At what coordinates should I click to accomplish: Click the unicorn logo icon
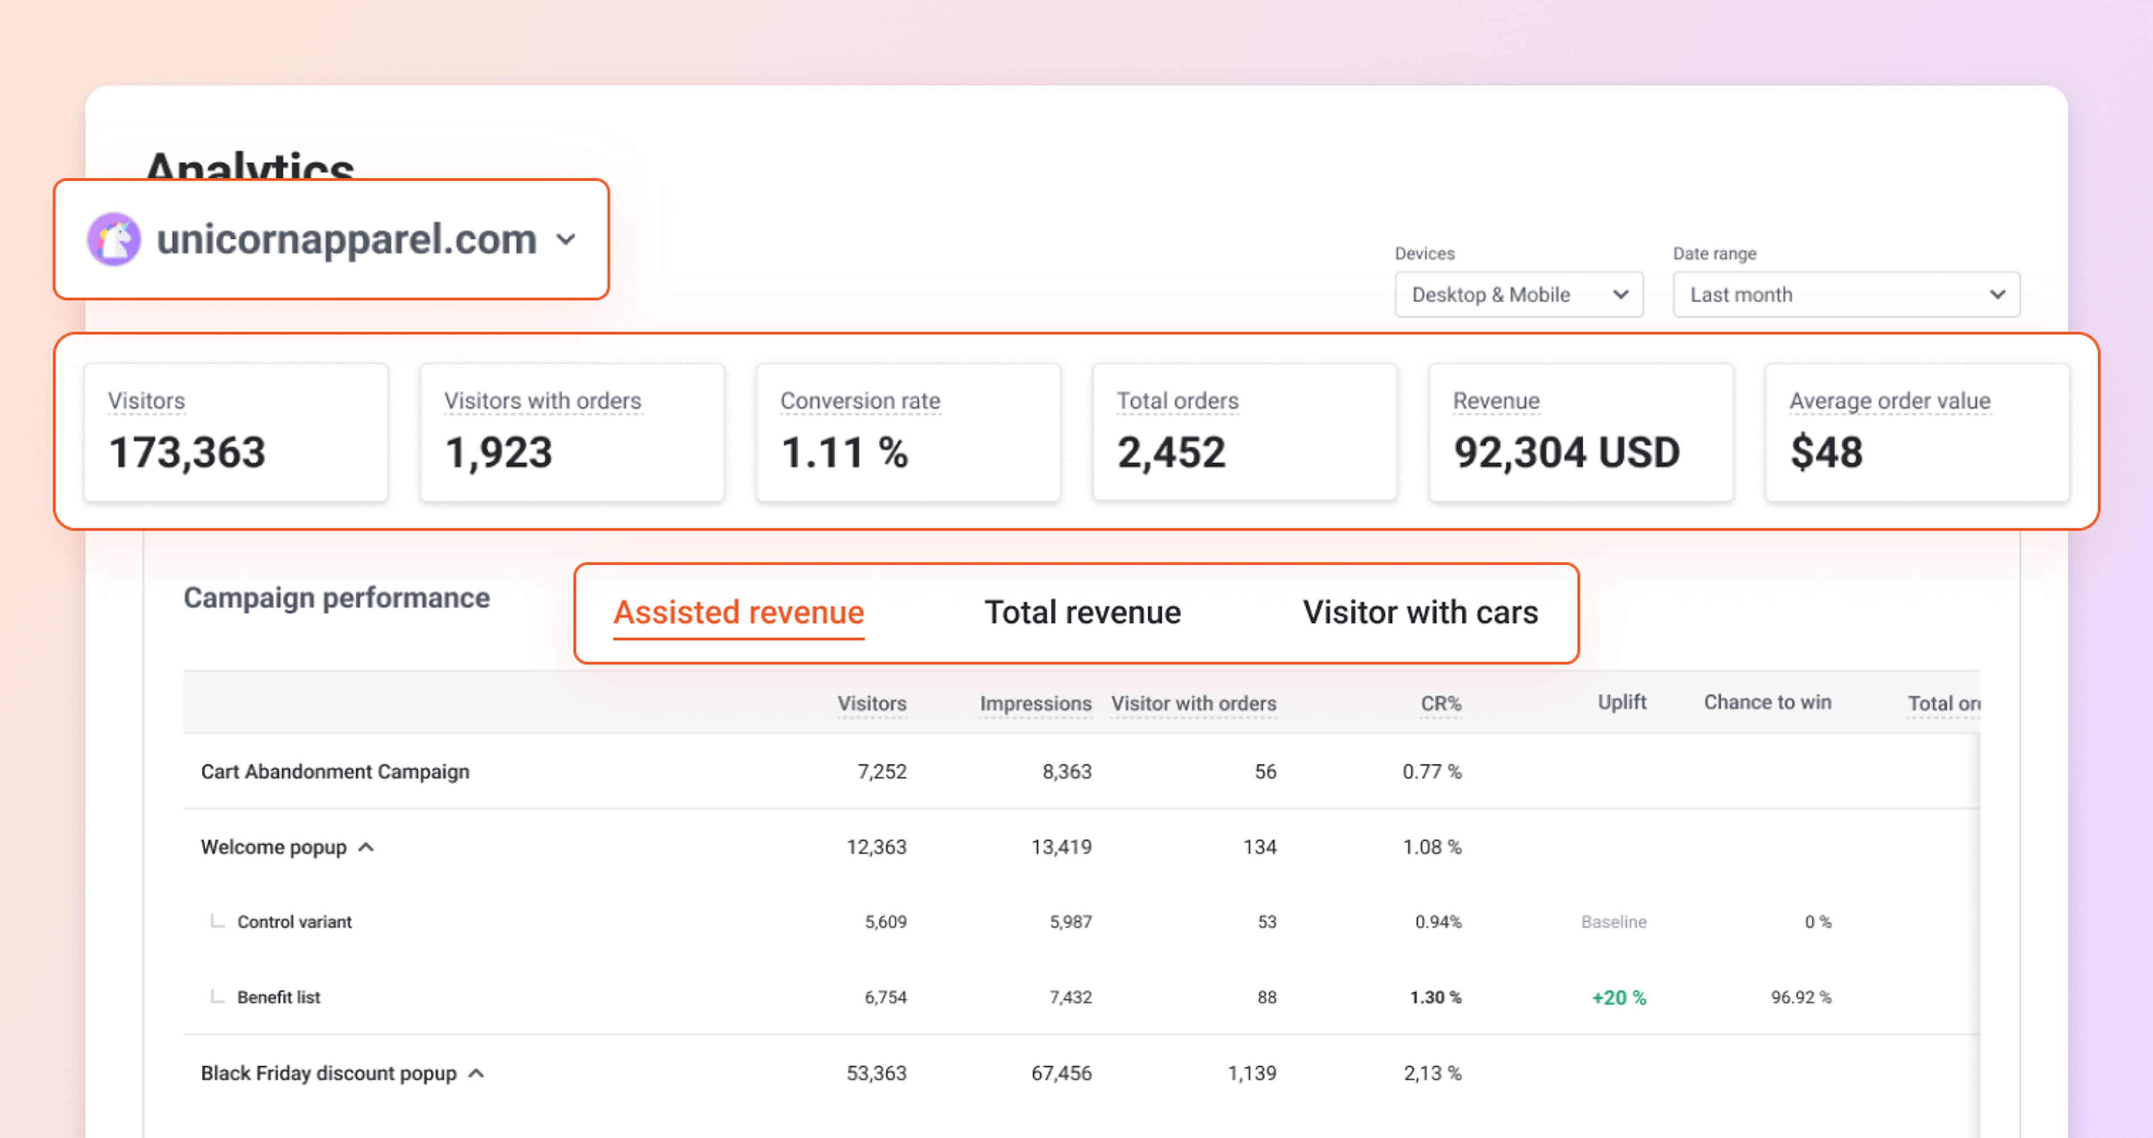(114, 239)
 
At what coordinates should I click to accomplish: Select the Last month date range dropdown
(1845, 294)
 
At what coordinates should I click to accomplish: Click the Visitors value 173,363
(187, 453)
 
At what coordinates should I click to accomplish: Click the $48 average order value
(1826, 453)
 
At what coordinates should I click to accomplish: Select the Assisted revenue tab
(738, 612)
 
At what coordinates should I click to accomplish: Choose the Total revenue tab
(1082, 612)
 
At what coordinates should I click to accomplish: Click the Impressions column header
(1034, 703)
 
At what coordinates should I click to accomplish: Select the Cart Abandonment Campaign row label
(335, 771)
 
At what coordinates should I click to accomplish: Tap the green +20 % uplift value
(1618, 998)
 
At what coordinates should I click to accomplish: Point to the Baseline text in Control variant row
(1613, 922)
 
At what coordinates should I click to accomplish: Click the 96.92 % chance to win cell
(1800, 997)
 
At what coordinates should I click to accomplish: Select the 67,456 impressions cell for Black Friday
(1061, 1073)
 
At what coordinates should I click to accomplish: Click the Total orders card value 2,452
(1171, 453)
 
